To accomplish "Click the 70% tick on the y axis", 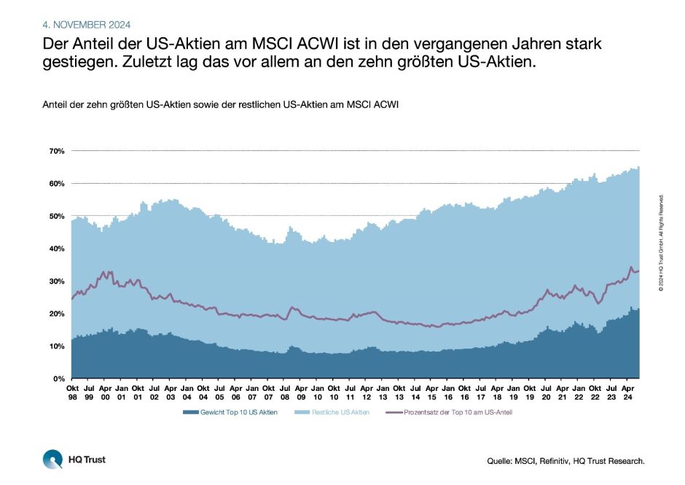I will point(57,151).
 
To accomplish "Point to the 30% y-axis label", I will point(57,281).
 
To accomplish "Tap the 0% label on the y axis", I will point(60,379).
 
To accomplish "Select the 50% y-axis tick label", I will point(57,216).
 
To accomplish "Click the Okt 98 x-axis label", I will point(71,392).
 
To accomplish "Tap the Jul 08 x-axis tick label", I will point(283,392).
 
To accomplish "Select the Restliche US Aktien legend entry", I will point(340,412).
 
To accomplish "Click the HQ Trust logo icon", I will point(53,459).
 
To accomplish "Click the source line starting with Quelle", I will point(565,461).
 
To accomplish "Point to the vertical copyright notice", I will point(660,243).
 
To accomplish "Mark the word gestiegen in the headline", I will point(76,62).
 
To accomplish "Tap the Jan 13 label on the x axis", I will point(382,392).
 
